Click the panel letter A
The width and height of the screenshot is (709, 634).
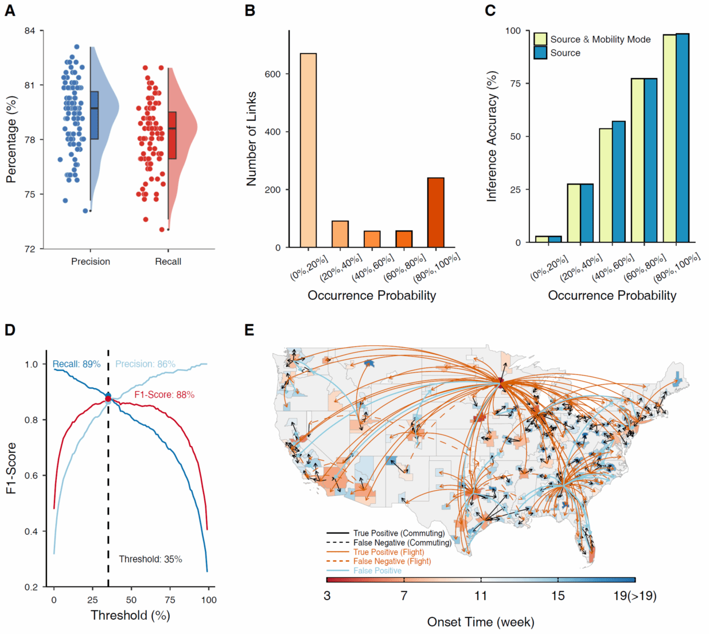coord(10,10)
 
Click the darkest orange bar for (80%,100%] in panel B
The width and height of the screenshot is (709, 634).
coord(435,213)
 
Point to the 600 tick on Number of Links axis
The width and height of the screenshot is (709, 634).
coord(273,74)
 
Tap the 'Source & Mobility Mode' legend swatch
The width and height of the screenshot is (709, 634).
coord(540,39)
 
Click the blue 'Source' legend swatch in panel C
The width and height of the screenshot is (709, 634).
coord(540,53)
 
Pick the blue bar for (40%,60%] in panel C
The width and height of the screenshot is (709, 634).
coord(618,182)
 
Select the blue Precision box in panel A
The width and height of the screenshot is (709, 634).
coord(94,115)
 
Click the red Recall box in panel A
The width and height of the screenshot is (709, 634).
coord(172,135)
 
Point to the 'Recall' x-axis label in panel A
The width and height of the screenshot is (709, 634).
coord(168,261)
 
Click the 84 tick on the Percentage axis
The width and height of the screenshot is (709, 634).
coord(30,30)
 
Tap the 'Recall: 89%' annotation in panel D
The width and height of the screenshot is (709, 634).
coord(76,364)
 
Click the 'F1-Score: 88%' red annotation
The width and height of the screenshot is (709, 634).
coord(164,395)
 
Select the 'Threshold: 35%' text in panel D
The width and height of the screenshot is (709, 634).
coord(150,559)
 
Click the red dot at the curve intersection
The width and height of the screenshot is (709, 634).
coord(108,398)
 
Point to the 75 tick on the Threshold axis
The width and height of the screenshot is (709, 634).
coord(170,600)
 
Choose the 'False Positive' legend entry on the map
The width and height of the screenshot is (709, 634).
coord(377,570)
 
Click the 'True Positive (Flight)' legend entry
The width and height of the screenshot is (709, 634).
coord(388,552)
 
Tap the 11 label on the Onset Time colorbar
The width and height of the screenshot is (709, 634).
coord(481,596)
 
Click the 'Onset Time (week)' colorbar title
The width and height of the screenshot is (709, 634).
coord(480,622)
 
